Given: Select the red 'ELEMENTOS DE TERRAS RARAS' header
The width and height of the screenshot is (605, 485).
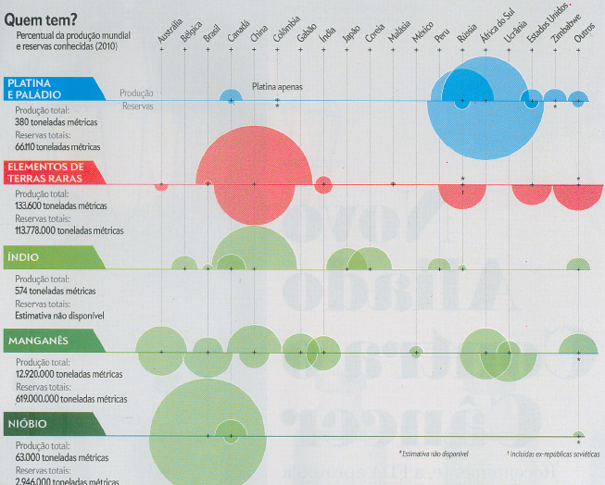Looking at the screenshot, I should point(51,171).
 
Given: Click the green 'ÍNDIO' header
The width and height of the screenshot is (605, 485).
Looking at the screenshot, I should point(28,257).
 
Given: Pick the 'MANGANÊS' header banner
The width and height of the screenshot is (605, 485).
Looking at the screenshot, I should point(41,341).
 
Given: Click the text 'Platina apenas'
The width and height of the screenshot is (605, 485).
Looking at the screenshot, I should point(277,86).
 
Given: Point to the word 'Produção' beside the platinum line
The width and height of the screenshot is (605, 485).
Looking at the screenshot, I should point(136,93).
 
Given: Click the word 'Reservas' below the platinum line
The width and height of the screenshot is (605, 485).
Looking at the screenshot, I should point(137,106).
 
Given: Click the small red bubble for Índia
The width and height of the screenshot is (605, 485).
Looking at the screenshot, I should point(323,184).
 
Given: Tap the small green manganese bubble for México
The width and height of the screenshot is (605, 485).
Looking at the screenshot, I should point(416,352).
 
